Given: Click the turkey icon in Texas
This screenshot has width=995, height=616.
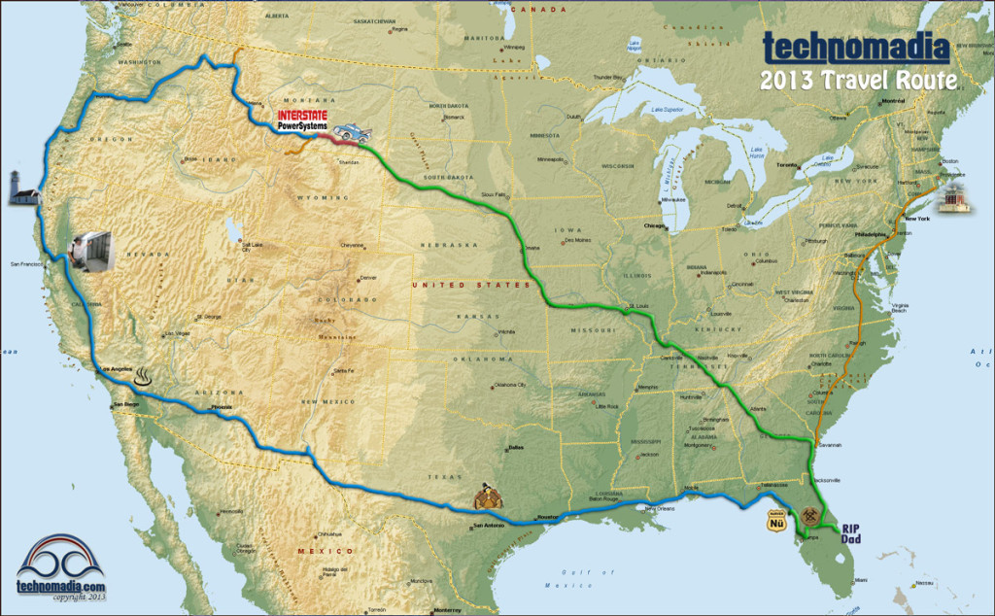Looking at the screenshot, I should tap(489, 497).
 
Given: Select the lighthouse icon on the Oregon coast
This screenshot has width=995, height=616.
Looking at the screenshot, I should tap(20, 188).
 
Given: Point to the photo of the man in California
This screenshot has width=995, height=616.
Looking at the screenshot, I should tap(94, 251).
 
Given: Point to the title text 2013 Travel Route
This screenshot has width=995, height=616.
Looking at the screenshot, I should tap(859, 80).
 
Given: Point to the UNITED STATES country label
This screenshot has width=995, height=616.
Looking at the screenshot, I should tap(470, 285).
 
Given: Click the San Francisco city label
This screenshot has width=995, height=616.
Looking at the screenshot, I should tap(27, 263).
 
